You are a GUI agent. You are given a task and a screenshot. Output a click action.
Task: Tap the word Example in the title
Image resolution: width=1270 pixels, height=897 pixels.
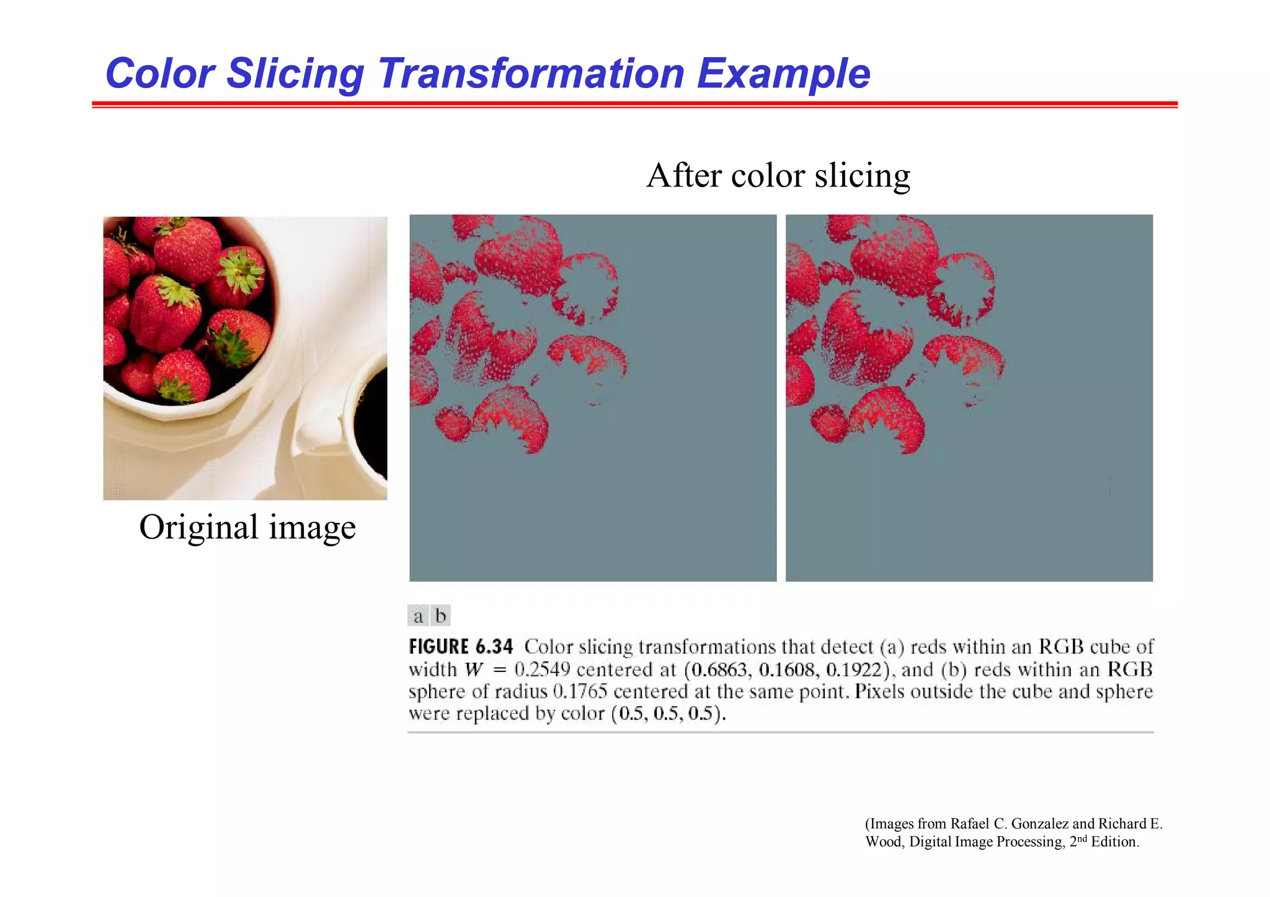[783, 74]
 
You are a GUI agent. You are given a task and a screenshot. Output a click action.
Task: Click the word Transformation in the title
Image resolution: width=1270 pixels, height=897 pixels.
[531, 73]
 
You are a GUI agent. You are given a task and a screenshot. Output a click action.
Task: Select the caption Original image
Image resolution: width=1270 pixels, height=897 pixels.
[247, 528]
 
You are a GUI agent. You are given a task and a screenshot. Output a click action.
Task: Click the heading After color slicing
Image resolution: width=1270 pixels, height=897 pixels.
[778, 175]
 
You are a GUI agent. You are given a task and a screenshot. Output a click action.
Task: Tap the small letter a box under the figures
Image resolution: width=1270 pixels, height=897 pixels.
[418, 616]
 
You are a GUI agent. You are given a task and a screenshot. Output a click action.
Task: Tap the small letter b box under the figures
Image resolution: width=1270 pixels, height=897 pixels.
[440, 616]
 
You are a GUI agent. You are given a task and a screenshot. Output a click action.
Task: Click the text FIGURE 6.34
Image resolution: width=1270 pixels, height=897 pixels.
[461, 647]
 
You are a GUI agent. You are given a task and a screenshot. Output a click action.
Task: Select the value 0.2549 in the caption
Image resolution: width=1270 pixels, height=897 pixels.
[542, 670]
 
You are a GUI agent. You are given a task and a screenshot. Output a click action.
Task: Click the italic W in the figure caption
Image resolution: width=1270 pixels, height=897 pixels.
[474, 670]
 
